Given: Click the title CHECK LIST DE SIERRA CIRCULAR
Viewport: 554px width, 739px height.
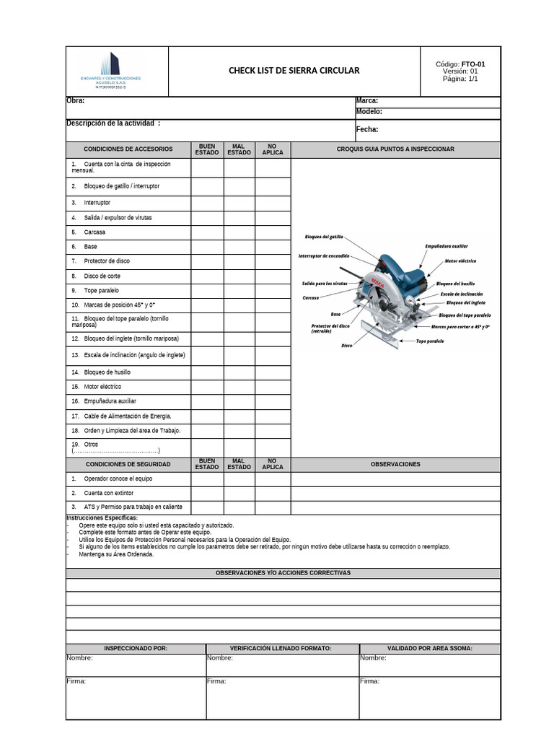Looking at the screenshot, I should pyautogui.click(x=294, y=71).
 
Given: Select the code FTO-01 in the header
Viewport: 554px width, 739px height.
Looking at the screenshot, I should pyautogui.click(x=473, y=64).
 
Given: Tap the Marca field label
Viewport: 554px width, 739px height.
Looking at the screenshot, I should pyautogui.click(x=367, y=101).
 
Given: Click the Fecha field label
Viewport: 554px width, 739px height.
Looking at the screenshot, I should pyautogui.click(x=367, y=130).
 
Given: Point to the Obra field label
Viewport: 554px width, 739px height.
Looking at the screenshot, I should pyautogui.click(x=76, y=101).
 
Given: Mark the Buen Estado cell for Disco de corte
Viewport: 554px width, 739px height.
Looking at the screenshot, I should pyautogui.click(x=207, y=276).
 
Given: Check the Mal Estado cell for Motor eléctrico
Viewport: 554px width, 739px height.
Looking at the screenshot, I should pyautogui.click(x=239, y=387).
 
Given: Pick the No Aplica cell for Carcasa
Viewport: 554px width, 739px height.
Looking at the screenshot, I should pyautogui.click(x=273, y=232).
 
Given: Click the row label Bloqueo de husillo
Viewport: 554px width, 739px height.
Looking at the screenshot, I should pyautogui.click(x=107, y=372).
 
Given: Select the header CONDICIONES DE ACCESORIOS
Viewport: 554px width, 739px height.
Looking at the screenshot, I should pyautogui.click(x=128, y=149).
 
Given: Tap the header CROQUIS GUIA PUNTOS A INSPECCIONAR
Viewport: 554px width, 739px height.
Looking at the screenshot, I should pyautogui.click(x=395, y=149).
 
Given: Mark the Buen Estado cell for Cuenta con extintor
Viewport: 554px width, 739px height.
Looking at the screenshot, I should pyautogui.click(x=207, y=494).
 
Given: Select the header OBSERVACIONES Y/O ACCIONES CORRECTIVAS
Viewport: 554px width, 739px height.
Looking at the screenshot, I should pyautogui.click(x=283, y=573).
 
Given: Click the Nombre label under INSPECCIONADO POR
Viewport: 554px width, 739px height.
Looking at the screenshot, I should pyautogui.click(x=79, y=658).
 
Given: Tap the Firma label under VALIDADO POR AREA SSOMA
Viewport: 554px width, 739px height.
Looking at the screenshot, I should pyautogui.click(x=369, y=681).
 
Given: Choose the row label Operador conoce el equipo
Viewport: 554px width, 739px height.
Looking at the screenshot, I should pyautogui.click(x=118, y=479).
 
